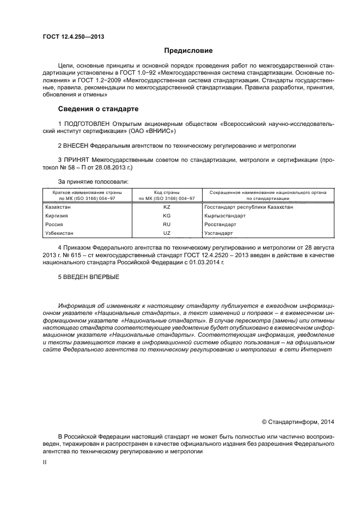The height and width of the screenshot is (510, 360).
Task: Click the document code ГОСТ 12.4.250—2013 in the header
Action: [73, 37]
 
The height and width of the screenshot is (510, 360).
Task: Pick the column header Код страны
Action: [167, 192]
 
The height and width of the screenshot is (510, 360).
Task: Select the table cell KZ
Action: [167, 208]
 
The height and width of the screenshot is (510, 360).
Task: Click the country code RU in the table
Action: [167, 224]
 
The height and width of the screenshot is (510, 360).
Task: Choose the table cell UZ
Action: [167, 233]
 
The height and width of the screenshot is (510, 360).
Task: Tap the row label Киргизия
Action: [57, 216]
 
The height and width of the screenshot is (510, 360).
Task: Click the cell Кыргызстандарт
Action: [225, 216]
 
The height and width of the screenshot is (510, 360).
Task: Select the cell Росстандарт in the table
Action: [220, 224]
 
